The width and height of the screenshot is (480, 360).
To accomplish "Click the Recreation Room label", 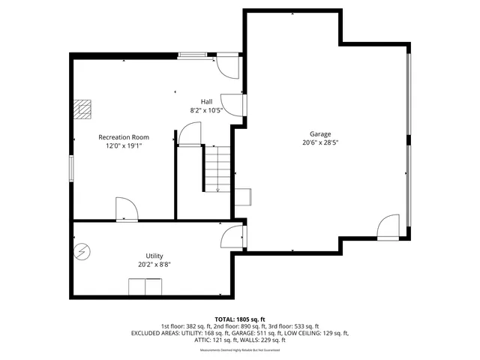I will click(124, 137).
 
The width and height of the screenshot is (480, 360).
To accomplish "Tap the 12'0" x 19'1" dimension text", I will click(124, 146).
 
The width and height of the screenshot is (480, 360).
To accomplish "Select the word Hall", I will click(206, 101).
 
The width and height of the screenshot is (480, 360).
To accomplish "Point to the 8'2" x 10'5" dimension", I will click(206, 110).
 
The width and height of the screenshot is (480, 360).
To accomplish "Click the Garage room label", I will click(320, 133).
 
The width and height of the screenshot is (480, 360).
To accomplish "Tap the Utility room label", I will click(154, 256).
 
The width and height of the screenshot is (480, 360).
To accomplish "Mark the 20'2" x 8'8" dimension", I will click(154, 265).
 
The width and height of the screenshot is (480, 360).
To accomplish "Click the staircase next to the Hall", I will click(217, 169).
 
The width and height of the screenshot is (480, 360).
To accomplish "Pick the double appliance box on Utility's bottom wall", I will click(145, 287).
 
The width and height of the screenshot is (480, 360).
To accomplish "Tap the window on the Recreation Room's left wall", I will click(72, 167).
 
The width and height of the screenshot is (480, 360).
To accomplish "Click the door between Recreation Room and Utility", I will click(125, 210).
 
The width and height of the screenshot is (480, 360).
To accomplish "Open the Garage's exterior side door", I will click(389, 227).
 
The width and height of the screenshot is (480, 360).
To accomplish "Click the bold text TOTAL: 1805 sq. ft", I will click(240, 319).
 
